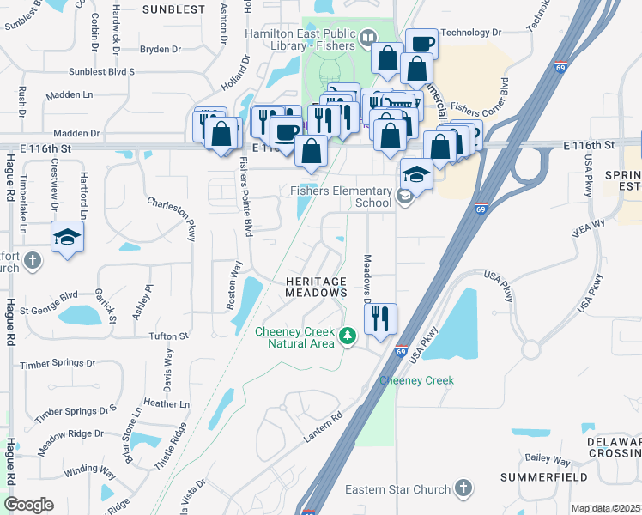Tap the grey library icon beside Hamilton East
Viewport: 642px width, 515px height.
coord(368,37)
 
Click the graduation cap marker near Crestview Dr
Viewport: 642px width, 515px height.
coord(67,237)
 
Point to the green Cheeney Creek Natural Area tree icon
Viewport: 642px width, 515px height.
coord(348,335)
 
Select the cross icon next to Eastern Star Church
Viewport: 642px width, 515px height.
coord(463,488)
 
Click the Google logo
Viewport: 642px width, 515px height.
coord(28,505)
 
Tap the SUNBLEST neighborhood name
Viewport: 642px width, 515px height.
coord(173,9)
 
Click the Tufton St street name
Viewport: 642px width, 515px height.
coord(168,336)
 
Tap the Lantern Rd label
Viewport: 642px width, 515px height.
coord(323,427)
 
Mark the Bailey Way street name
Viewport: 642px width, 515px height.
coord(547,459)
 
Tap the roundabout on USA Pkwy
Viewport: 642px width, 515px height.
coord(530,350)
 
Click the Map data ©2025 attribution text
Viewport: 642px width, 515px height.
coord(604,508)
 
